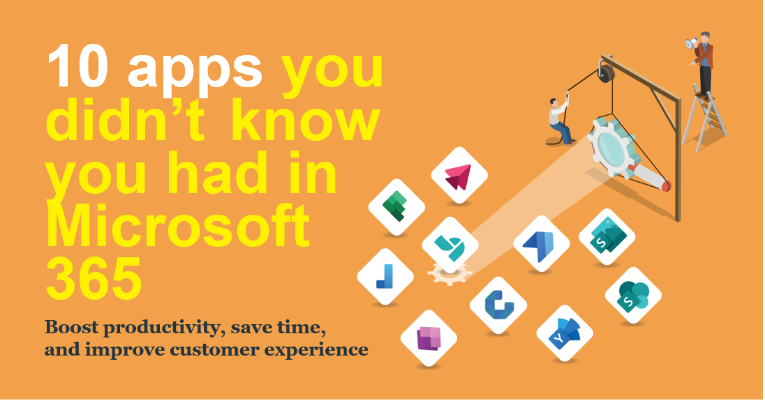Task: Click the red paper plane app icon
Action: pyautogui.click(x=459, y=176)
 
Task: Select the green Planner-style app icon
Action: pyautogui.click(x=396, y=207)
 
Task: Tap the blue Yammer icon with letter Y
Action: pyautogui.click(x=565, y=333)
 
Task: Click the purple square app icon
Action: pyautogui.click(x=429, y=338)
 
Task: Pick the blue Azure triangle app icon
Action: pyautogui.click(x=541, y=243)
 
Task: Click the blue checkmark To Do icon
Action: pyautogui.click(x=385, y=277)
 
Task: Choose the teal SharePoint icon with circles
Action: pyautogui.click(x=633, y=296)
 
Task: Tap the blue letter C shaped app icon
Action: pyautogui.click(x=498, y=305)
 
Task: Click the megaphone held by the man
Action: pyautogui.click(x=691, y=43)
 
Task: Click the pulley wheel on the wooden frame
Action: pyautogui.click(x=607, y=72)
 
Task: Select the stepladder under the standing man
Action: pyautogui.click(x=704, y=119)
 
